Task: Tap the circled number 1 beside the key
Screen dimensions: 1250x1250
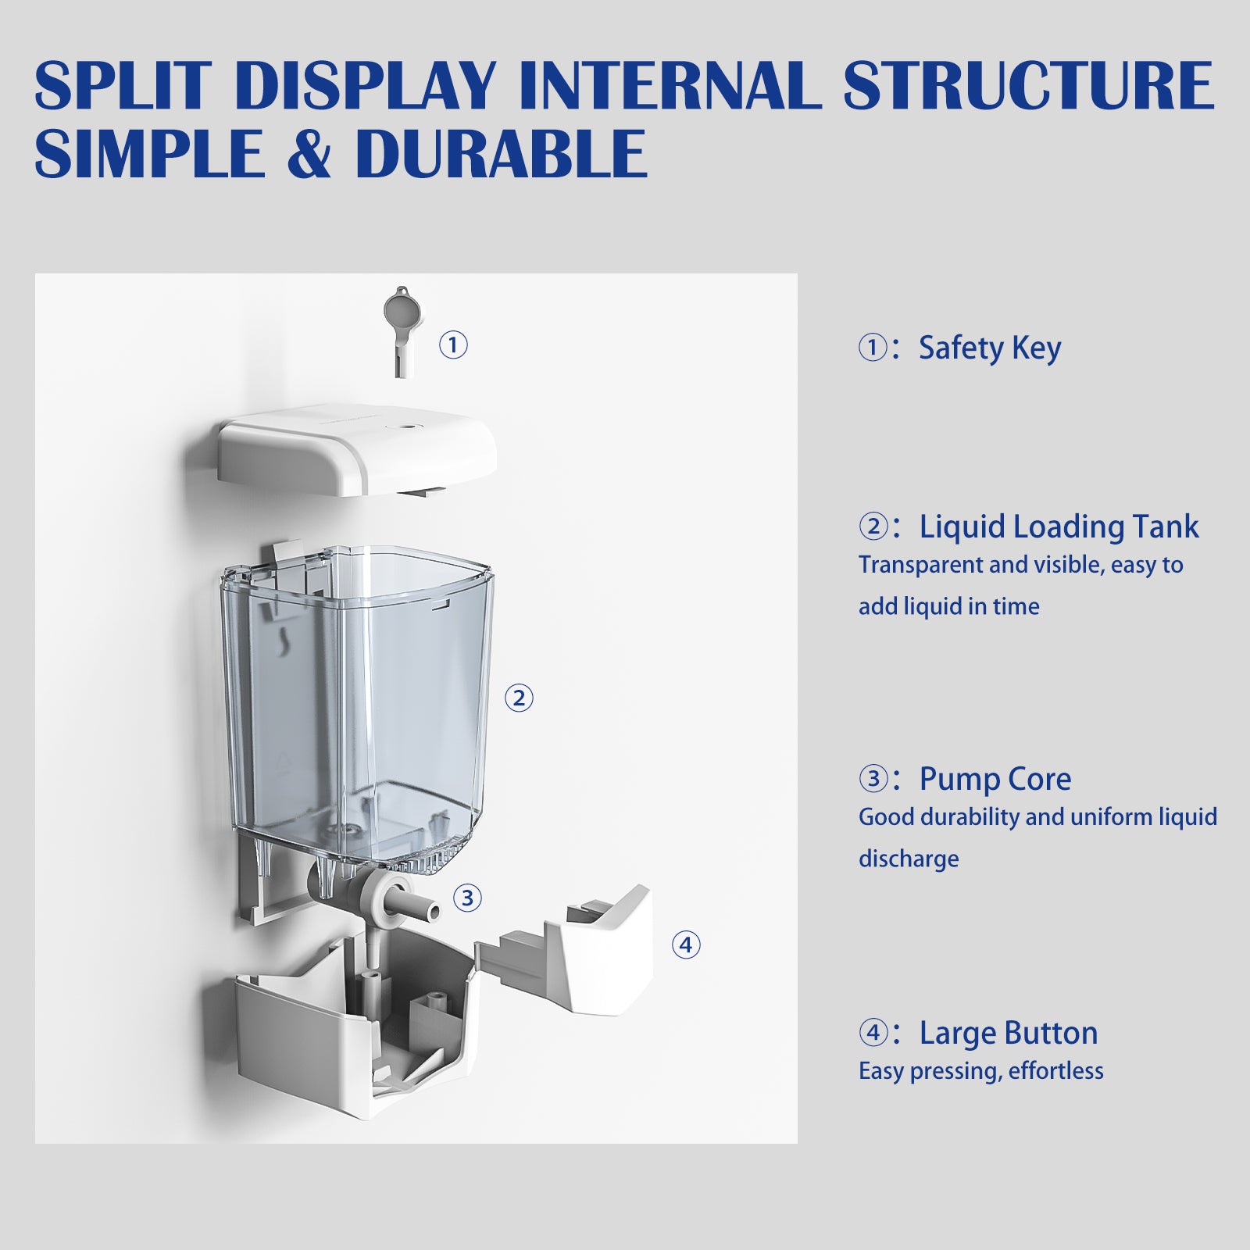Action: [453, 345]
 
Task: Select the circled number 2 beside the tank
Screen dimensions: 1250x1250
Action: [519, 698]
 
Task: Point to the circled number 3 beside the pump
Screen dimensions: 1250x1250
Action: [467, 898]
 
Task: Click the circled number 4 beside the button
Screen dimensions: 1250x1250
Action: [686, 945]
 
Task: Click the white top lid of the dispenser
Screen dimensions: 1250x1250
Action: [358, 449]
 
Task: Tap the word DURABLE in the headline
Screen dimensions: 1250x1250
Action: [501, 153]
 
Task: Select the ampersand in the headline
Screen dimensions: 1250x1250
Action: [309, 154]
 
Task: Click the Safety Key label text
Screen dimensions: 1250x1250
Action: [989, 348]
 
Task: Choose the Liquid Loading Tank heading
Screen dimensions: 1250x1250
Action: [1059, 527]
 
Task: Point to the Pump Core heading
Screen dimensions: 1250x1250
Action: [995, 779]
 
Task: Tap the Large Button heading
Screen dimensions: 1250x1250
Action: [1008, 1033]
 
